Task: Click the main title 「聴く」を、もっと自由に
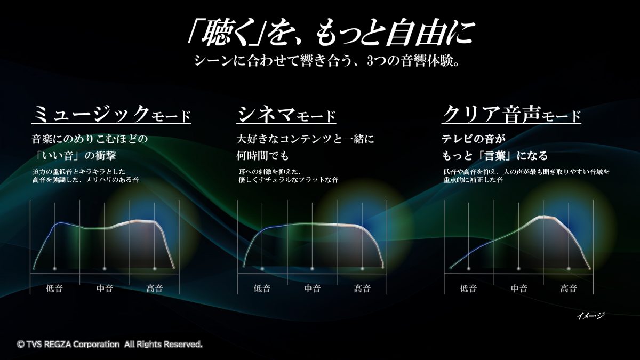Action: (331, 34)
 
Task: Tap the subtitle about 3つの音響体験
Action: (327, 61)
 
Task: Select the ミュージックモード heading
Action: (111, 114)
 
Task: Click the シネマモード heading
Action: (286, 114)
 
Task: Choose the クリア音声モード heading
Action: (511, 114)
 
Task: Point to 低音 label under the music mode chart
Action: (54, 289)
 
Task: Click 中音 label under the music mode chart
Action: (105, 289)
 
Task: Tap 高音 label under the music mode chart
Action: (155, 289)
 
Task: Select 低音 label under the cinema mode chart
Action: (262, 289)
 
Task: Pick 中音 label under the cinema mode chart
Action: (313, 289)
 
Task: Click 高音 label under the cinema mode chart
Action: (362, 289)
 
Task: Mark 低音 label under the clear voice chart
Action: (469, 289)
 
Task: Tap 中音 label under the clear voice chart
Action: (519, 289)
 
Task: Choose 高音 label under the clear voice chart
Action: (569, 289)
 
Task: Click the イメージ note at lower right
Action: (590, 316)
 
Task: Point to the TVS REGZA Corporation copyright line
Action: (110, 345)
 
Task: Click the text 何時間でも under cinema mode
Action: (263, 156)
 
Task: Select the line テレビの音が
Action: (474, 139)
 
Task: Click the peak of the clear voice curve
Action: (545, 217)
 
